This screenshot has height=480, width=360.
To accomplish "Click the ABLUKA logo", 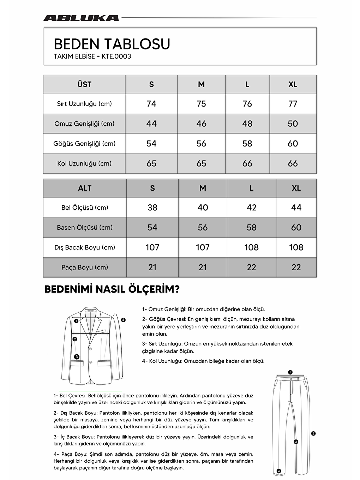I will tap(81, 18).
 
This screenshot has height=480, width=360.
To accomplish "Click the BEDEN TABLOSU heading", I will tap(112, 44).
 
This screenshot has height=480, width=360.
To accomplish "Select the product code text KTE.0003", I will tap(116, 56).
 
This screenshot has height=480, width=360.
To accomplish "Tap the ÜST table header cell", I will tap(84, 84).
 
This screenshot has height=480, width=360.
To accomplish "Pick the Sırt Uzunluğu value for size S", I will tap(151, 104).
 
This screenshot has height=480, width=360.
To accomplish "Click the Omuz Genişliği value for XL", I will tap(293, 124).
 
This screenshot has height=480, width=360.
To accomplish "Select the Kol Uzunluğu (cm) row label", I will tap(84, 163).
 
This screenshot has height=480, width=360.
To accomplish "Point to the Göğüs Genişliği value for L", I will tap(247, 144).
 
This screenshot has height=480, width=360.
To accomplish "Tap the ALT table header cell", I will tap(85, 188).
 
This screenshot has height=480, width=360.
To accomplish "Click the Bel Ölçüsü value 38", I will tap(152, 208).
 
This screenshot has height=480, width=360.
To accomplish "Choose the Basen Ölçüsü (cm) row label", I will tap(85, 228).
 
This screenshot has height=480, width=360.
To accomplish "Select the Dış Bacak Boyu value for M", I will tap(203, 247).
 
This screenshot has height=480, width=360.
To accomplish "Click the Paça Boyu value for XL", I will tap(296, 268).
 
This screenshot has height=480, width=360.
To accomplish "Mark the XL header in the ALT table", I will tap(296, 188).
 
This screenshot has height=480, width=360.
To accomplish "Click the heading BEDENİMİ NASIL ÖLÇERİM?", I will tap(112, 289).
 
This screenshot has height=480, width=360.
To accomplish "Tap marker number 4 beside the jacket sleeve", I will tap(123, 320).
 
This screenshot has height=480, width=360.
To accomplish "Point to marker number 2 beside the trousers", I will tap(313, 433).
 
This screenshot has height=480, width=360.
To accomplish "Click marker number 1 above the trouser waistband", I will tap(290, 372).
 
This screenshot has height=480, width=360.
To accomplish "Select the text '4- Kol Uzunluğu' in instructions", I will tap(162, 361).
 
